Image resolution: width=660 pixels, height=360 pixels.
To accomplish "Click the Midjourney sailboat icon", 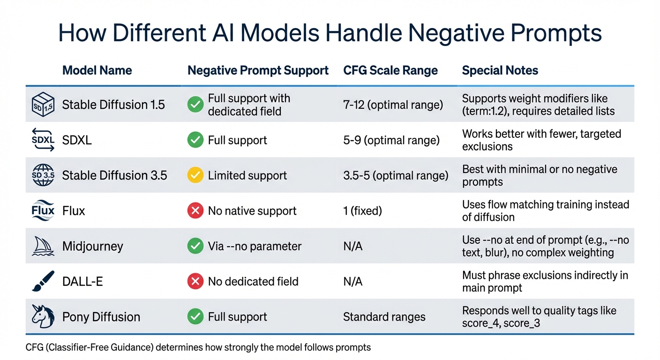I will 43,246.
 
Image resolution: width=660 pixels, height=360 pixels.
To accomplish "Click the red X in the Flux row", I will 195,211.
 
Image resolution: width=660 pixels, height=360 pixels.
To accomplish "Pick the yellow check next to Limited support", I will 195,175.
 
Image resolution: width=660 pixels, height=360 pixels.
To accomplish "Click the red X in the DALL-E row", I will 195,281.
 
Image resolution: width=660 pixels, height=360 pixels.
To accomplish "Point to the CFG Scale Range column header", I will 390,71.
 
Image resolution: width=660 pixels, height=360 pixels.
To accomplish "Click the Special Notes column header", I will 500,71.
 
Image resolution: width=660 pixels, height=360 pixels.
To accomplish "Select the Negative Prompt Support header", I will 258,71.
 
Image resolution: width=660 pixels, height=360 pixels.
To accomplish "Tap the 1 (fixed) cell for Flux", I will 362,211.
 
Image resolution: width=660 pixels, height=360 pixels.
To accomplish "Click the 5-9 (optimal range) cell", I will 391,140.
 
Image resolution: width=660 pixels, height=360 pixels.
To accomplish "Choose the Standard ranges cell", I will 384,317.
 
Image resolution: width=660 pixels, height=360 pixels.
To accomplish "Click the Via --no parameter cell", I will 255,246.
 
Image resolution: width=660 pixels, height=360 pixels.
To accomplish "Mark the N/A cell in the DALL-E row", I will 352,281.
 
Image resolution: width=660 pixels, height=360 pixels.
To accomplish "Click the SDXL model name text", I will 77,140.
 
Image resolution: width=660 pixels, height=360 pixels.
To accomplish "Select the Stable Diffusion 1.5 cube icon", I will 43,105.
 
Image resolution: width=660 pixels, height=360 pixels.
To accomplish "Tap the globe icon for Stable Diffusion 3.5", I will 43,175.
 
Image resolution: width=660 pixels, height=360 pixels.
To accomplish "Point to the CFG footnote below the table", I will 198,347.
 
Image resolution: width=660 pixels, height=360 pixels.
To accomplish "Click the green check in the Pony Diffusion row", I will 195,317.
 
